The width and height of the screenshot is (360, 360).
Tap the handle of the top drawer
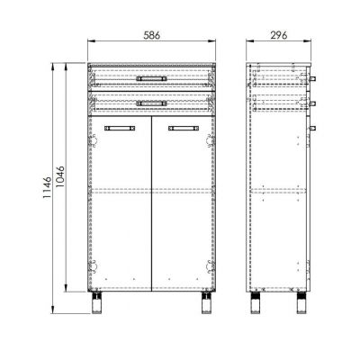(152, 78)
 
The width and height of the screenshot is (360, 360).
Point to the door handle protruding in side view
(315, 125)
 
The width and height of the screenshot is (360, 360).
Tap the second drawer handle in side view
(315, 102)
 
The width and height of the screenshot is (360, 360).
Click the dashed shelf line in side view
(280, 190)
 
